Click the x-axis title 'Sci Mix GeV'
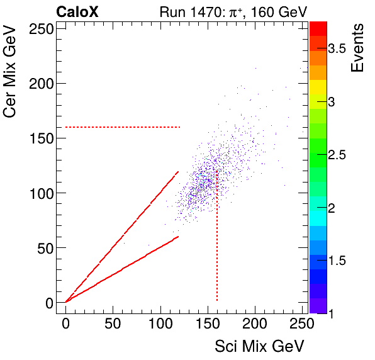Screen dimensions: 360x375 (x=260, y=346)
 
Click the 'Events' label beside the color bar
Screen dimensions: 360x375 (x=357, y=48)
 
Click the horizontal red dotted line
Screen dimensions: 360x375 (x=123, y=127)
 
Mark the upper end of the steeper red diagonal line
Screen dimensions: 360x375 (x=178, y=171)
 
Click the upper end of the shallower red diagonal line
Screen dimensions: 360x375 (x=179, y=237)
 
